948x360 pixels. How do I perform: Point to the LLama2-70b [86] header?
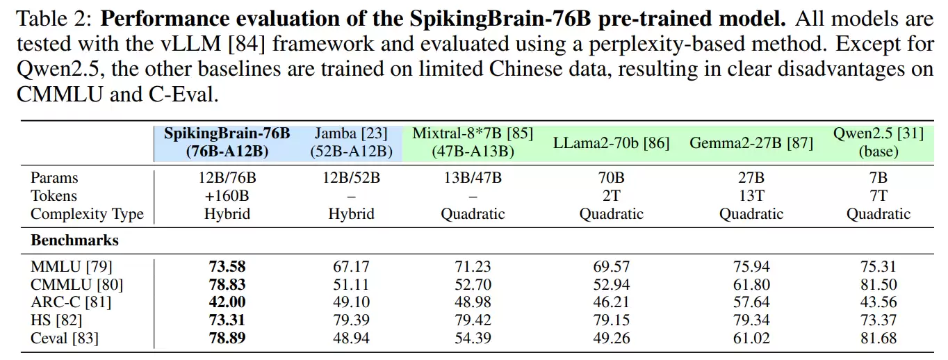tap(612, 143)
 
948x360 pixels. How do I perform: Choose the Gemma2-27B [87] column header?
tap(751, 143)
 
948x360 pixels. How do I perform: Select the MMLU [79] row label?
tap(72, 266)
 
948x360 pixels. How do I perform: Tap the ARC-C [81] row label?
tap(71, 302)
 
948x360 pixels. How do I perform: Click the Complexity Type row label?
tap(87, 214)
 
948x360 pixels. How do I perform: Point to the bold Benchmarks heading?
tap(74, 240)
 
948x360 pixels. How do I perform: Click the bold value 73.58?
tap(227, 266)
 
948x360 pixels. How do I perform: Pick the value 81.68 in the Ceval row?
tap(878, 338)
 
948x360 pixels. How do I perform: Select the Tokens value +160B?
tap(227, 196)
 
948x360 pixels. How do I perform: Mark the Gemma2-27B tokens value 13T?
tap(751, 196)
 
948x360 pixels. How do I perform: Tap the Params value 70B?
tap(612, 178)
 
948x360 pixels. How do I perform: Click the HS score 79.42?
tap(473, 320)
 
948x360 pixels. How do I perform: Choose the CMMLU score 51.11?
tap(351, 284)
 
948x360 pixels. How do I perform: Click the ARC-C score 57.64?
tap(751, 302)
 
